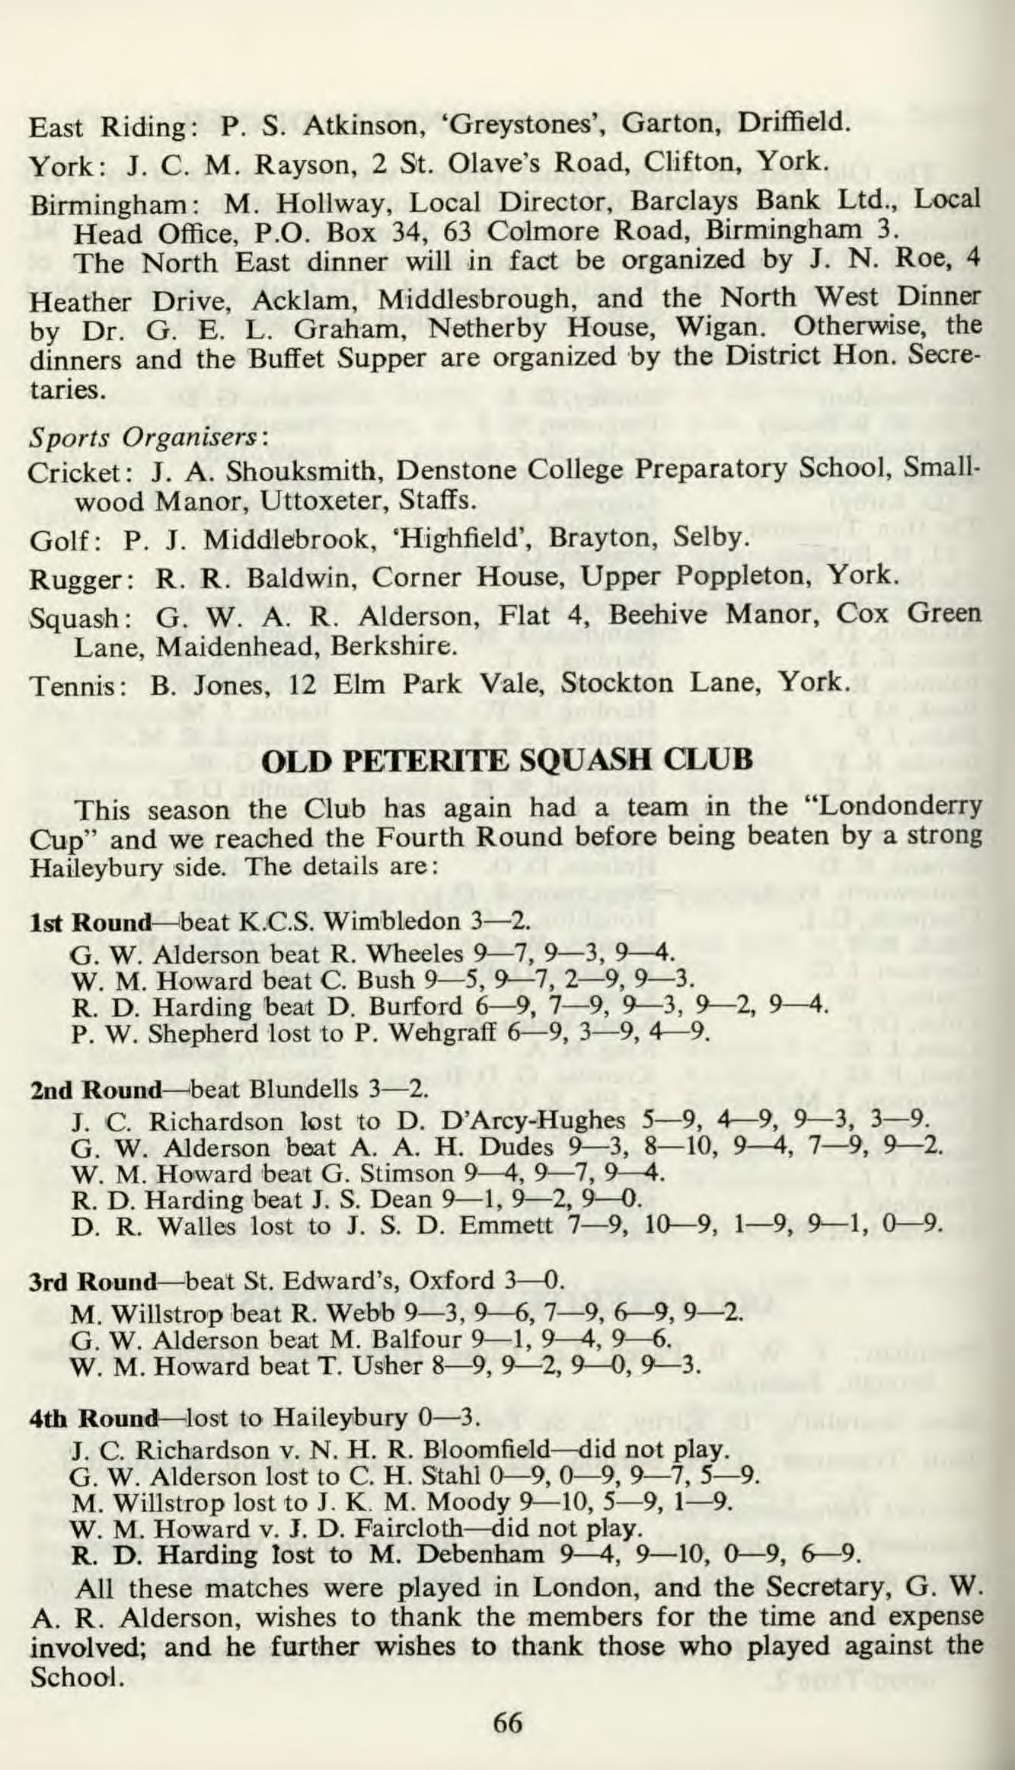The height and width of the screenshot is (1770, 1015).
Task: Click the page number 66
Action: (x=508, y=1721)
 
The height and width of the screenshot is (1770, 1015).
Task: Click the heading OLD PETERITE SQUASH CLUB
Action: (x=507, y=761)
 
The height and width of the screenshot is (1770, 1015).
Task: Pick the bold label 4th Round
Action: (x=93, y=1420)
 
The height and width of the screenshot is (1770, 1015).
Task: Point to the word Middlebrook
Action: (x=288, y=539)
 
